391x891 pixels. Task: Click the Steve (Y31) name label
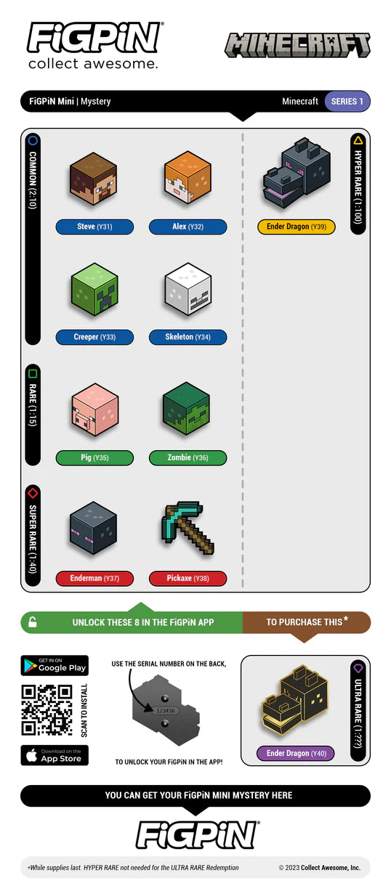click(x=94, y=227)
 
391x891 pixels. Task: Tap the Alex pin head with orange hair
click(x=188, y=177)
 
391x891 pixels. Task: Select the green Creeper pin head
click(x=94, y=289)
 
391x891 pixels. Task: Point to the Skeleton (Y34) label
click(x=188, y=337)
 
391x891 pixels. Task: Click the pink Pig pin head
click(x=94, y=410)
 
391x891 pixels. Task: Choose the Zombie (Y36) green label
click(x=188, y=457)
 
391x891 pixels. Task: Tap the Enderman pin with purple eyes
click(x=93, y=528)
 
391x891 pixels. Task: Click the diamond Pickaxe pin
click(x=188, y=527)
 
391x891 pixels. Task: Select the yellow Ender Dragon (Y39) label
click(x=297, y=227)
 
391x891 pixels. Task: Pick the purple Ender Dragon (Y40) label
click(x=296, y=753)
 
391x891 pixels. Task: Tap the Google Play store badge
click(x=55, y=665)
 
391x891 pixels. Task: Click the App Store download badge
click(x=55, y=755)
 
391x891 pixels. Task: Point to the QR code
click(x=47, y=710)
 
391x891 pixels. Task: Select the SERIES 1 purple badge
click(x=347, y=102)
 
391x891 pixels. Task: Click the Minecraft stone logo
click(x=298, y=45)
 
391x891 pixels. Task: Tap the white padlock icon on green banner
click(x=33, y=622)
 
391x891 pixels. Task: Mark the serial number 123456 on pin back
click(x=165, y=710)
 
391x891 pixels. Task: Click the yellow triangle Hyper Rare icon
click(x=358, y=140)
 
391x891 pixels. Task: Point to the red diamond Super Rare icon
click(x=33, y=493)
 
